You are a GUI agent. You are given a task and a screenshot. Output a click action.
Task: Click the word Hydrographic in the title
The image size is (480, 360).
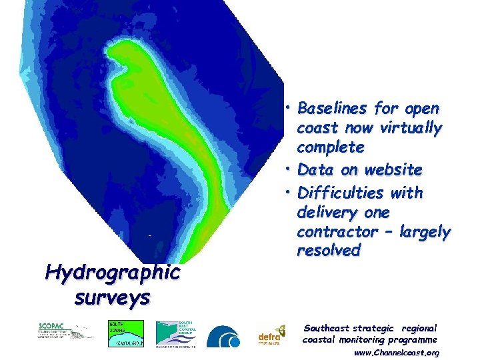pos(112,273)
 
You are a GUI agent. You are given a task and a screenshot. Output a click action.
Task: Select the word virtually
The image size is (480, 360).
pos(409,127)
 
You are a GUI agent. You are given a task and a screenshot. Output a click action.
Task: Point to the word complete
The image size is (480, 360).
pos(331,147)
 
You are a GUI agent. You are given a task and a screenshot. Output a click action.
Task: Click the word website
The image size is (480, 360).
pos(391,170)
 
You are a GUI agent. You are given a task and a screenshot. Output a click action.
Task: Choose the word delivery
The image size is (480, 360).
pos(327,213)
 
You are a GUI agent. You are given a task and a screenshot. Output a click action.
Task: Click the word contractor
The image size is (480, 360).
pos(336,232)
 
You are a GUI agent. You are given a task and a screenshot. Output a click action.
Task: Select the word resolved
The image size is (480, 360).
pos(329,251)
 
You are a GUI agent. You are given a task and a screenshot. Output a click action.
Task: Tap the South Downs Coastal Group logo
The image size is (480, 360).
pos(125,333)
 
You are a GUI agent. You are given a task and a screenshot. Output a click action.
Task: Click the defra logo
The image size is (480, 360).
pos(271,335)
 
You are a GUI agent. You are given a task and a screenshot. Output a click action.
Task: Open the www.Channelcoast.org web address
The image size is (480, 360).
pos(397,353)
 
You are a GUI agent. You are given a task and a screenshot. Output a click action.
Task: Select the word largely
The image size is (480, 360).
pos(425,232)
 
